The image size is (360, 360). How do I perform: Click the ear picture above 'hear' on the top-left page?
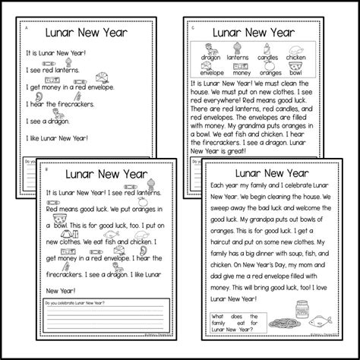coord(46,98)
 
